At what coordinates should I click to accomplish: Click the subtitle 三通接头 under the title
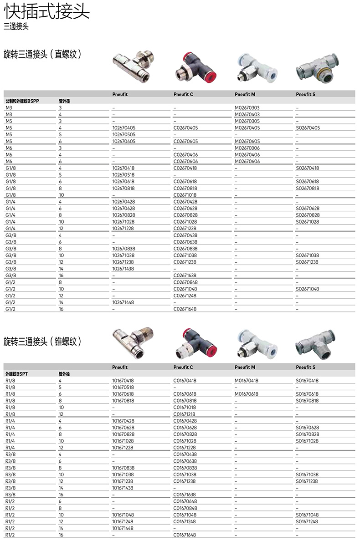click(16, 27)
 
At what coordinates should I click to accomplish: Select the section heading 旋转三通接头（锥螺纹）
click(42, 341)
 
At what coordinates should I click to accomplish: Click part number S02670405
click(308, 128)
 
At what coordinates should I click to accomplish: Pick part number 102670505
click(123, 135)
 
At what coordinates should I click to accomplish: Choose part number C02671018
click(185, 195)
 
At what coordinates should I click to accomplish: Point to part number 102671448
click(123, 302)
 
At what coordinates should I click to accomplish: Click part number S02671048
click(308, 289)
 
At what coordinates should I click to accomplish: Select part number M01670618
click(246, 394)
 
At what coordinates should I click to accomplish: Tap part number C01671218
click(185, 414)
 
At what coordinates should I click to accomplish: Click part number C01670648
click(185, 501)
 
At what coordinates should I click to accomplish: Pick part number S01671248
click(308, 521)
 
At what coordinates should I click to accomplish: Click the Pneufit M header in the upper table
click(245, 94)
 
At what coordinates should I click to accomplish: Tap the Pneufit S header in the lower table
click(306, 367)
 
